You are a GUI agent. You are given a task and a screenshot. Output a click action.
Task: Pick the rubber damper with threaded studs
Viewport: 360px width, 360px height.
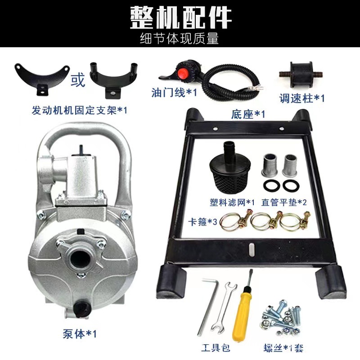click(x=301, y=74)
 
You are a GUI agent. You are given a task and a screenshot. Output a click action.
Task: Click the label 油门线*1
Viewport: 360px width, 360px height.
click(x=174, y=93)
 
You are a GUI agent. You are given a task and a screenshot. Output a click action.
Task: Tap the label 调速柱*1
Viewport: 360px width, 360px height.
click(x=302, y=99)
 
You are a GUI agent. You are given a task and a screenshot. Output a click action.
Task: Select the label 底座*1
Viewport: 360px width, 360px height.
click(x=248, y=114)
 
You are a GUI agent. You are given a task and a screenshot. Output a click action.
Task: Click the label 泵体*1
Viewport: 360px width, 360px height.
click(x=80, y=334)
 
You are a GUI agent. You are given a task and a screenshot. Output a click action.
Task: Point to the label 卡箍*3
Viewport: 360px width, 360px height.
click(x=202, y=222)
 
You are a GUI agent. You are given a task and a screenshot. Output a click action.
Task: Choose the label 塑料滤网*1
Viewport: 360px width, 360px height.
click(x=232, y=202)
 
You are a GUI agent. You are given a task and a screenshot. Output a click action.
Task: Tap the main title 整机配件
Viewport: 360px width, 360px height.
click(x=180, y=18)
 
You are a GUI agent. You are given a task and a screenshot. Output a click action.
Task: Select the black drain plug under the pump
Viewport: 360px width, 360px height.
click(x=81, y=309)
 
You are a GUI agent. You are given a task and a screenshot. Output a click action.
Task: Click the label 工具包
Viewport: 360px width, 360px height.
click(x=216, y=348)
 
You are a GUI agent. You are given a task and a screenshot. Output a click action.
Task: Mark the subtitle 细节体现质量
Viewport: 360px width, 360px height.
click(x=179, y=38)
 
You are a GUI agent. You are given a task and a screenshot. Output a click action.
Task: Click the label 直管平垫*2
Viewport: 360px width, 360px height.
click(x=284, y=202)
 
